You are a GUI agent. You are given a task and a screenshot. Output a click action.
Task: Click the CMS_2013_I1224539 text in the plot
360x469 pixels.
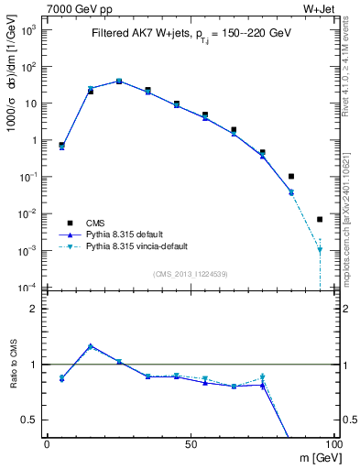pyautogui.click(x=190, y=274)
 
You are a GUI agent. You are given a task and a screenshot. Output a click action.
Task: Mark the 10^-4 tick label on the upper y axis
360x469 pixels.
pyautogui.click(x=28, y=288)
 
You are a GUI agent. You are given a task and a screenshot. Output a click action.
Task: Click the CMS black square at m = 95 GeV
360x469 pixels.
pyautogui.click(x=320, y=219)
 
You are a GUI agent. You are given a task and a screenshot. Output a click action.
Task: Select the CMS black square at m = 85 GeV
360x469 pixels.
pyautogui.click(x=291, y=176)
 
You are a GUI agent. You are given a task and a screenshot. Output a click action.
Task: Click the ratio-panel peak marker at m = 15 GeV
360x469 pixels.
pyautogui.click(x=90, y=346)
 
